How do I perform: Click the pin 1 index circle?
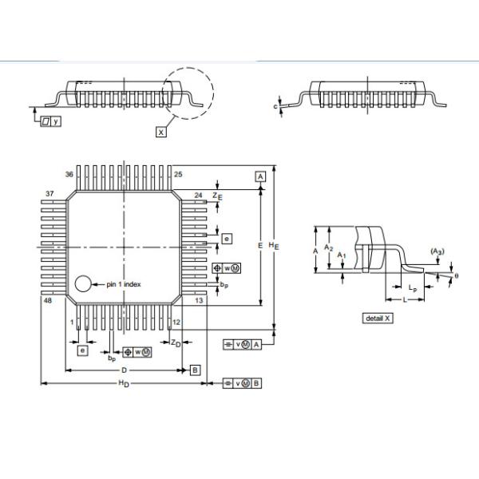[83, 283]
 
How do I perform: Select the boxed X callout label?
[161, 132]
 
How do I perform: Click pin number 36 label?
[69, 174]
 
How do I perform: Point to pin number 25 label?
[178, 174]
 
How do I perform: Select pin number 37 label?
[49, 194]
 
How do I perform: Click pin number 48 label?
[49, 301]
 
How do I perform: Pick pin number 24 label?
[199, 194]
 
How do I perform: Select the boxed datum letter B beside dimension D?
[195, 370]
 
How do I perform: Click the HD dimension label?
[123, 385]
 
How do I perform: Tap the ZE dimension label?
[219, 195]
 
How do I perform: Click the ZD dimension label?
[175, 342]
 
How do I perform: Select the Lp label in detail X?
[410, 286]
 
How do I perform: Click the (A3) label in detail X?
[437, 251]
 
